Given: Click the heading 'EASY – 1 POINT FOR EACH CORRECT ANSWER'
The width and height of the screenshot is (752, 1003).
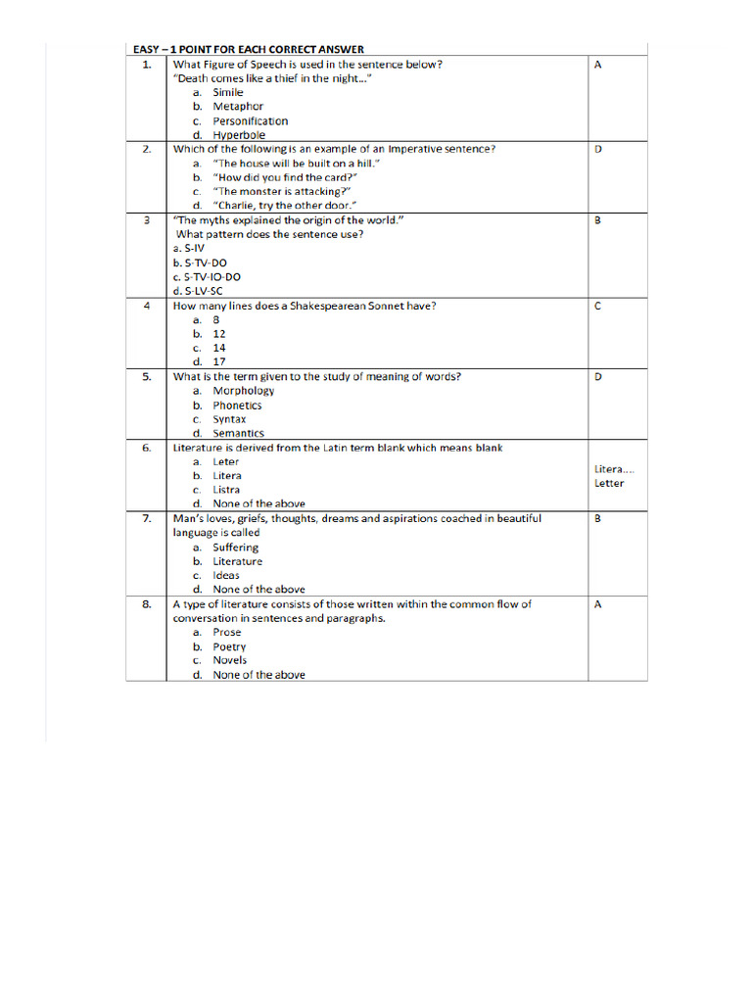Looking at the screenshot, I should coord(248,49).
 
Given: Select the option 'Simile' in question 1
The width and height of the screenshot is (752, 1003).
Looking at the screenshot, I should coord(228,92).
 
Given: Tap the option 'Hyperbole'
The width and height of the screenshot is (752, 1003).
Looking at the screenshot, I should coord(239,135).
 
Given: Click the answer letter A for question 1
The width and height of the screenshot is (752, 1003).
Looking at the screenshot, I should coord(597,65).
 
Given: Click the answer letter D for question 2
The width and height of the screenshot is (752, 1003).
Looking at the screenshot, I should coord(597,150).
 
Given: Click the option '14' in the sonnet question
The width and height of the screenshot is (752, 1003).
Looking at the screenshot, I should coord(219,348).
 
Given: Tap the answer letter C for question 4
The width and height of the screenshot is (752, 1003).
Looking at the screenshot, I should coord(597,307).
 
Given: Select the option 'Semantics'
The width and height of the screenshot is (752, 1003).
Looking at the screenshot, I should coord(238,433).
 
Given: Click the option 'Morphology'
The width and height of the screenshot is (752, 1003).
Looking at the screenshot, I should coord(244,391).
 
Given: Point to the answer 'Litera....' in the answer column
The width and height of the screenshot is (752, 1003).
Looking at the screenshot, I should coord(614,469).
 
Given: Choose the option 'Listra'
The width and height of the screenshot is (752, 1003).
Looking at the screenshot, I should coord(226,490).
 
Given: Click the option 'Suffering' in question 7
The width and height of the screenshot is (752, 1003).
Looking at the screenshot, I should coord(236,548).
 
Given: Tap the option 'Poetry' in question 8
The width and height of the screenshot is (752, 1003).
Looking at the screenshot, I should coord(229,646).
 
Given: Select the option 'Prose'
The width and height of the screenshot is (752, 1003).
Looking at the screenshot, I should coord(226,632).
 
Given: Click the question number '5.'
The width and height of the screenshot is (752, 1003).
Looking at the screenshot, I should coord(147,376).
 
